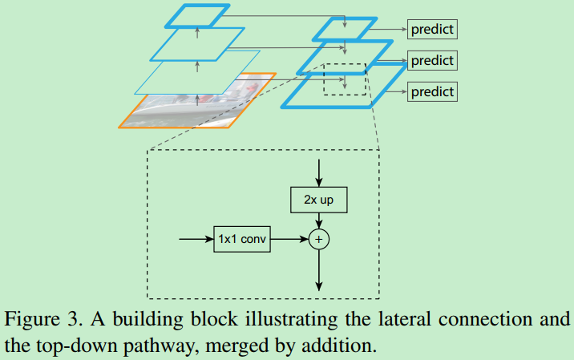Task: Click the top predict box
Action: coord(432,30)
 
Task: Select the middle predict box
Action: coord(432,60)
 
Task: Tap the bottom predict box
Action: coord(432,91)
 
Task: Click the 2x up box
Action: coord(319,200)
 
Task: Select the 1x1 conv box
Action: coord(243,239)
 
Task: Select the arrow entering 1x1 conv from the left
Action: coord(196,239)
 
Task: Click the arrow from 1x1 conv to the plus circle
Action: coord(291,239)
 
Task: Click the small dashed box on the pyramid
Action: coord(344,79)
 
